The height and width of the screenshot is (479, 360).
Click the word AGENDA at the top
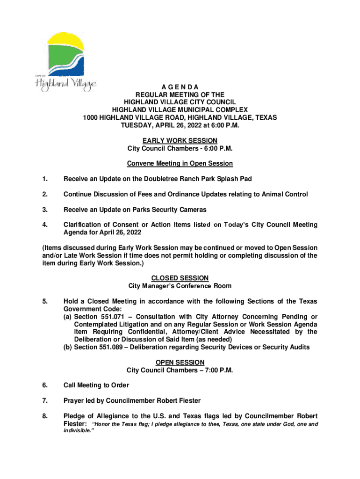click(180, 87)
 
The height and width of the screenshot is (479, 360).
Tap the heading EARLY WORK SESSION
click(180, 141)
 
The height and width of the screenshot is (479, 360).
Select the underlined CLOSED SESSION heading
click(180, 278)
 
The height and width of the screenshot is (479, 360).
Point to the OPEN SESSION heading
click(180, 363)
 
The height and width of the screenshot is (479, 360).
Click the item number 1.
click(44, 179)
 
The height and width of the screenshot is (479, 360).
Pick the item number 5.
click(44, 301)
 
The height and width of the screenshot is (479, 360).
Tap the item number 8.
click(44, 416)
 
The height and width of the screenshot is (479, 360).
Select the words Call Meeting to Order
click(96, 385)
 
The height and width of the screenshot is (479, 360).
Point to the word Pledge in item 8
click(75, 416)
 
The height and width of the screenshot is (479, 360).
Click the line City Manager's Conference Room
click(180, 286)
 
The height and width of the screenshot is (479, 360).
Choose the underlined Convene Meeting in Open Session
click(180, 164)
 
